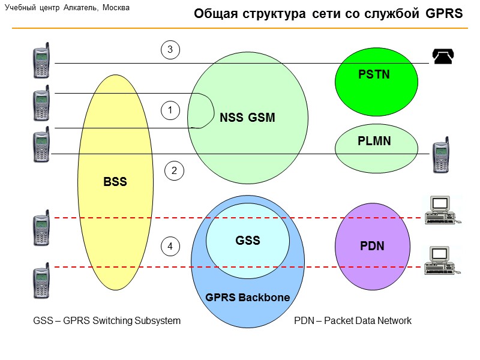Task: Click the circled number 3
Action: coord(170,50)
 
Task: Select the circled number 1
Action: coord(170,110)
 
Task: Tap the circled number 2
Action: coord(175,171)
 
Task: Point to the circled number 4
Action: coord(170,246)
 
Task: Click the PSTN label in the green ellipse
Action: coord(374,75)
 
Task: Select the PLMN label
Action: coord(374,142)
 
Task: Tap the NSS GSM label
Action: coord(247,118)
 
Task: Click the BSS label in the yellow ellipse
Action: coord(115,182)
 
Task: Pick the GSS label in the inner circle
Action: coord(248,241)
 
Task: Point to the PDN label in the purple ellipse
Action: coord(372,246)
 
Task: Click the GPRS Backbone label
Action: coord(248,298)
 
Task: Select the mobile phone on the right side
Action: coord(441,155)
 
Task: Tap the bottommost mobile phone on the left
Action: coord(41,280)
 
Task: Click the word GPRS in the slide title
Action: coord(445,14)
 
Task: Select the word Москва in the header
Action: coord(114,8)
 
